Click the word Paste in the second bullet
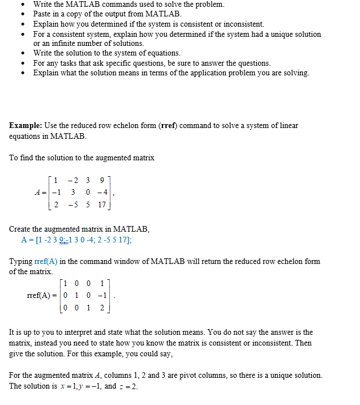point(43,14)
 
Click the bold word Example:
point(25,125)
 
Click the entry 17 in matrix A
point(101,205)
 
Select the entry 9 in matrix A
point(101,181)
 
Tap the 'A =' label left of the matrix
point(40,193)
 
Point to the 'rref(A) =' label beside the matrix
point(42,296)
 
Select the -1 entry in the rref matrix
point(101,296)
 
